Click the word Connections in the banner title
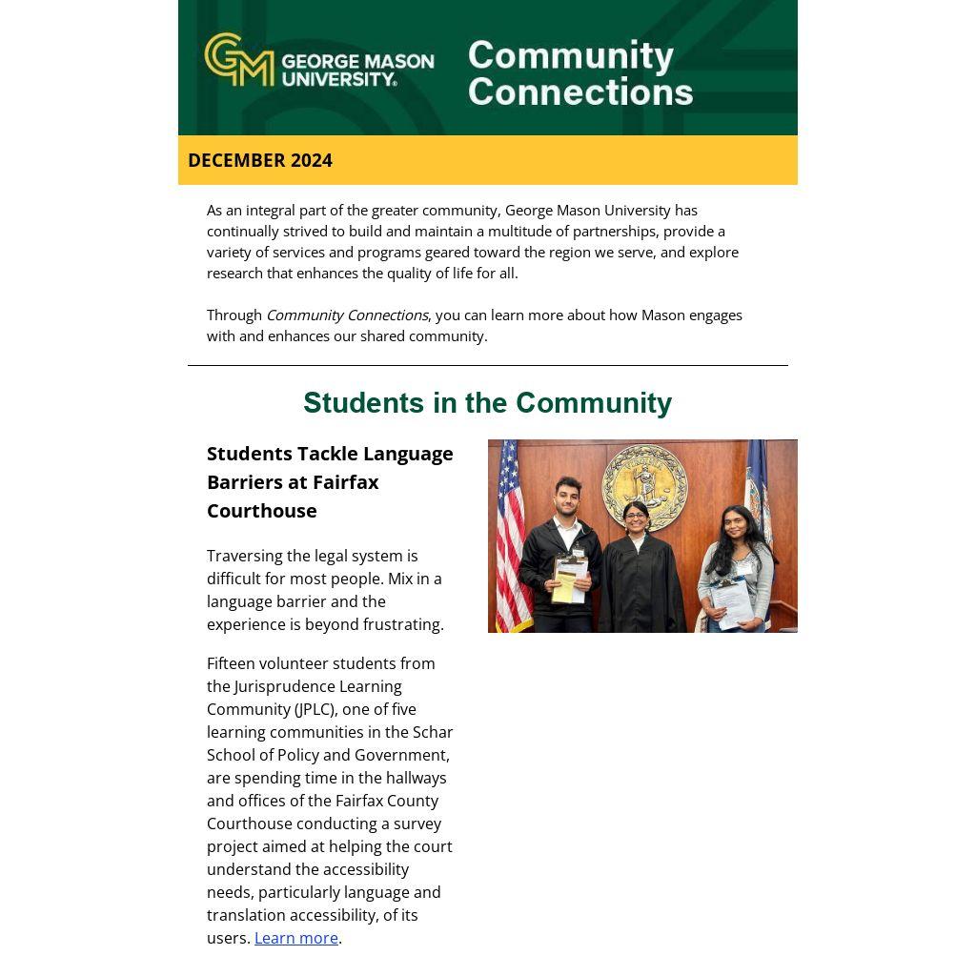pyautogui.click(x=579, y=92)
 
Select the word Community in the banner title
pyautogui.click(x=570, y=55)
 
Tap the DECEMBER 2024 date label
pyautogui.click(x=260, y=160)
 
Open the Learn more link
pyautogui.click(x=295, y=938)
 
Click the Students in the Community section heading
pyautogui.click(x=487, y=403)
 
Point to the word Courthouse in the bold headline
pyautogui.click(x=261, y=511)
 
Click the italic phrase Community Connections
pyautogui.click(x=347, y=315)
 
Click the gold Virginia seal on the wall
pyautogui.click(x=645, y=486)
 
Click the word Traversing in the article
pyautogui.click(x=244, y=556)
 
